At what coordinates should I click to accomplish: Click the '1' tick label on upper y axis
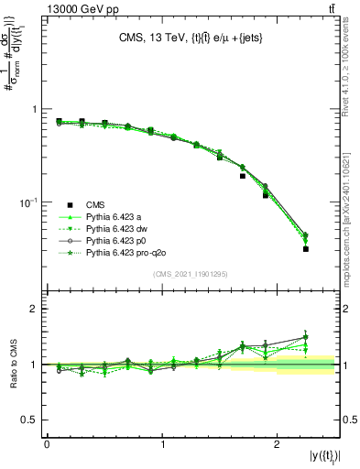tap(35, 109)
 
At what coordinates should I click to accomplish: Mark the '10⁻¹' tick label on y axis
tap(29, 202)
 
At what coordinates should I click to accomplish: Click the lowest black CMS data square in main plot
tap(306, 249)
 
